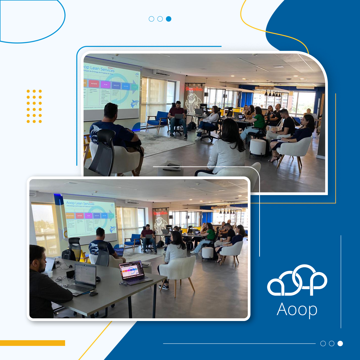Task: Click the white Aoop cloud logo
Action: (297, 281)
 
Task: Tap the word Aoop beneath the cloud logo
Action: (297, 309)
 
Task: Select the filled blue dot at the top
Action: (169, 19)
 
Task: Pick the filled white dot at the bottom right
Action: (340, 343)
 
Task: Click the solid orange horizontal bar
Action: (32, 343)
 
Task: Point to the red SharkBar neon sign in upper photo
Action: (194, 89)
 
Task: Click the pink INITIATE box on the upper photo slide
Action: (94, 84)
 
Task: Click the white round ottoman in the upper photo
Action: (258, 147)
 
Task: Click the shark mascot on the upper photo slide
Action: (134, 104)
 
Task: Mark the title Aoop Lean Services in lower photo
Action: (80, 203)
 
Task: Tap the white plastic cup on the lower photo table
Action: (50, 274)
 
